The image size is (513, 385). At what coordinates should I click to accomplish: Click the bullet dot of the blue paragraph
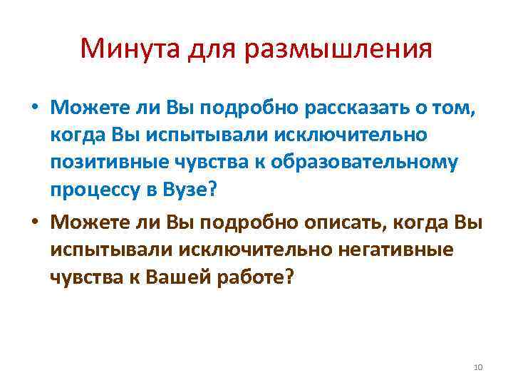coord(33,108)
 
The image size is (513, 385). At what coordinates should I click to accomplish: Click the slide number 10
coord(477,366)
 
